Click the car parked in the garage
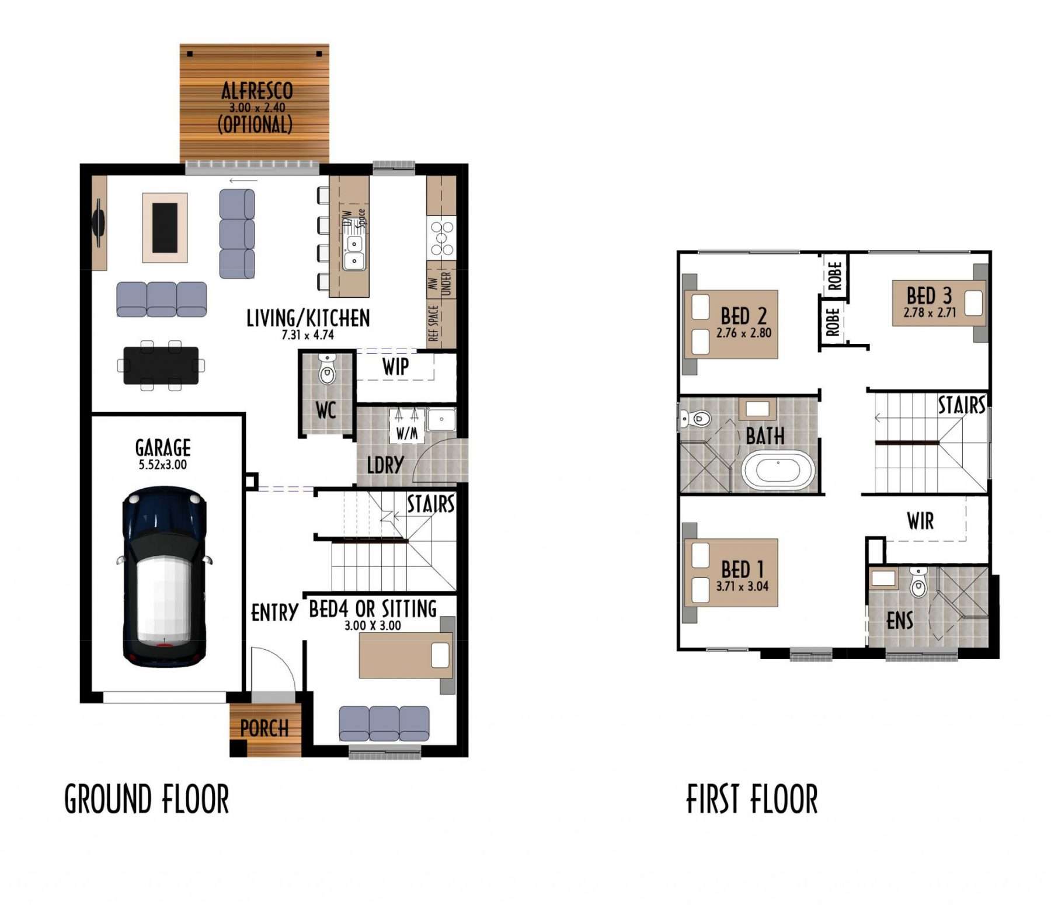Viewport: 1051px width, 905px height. [164, 577]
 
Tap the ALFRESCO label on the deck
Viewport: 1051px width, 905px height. [257, 90]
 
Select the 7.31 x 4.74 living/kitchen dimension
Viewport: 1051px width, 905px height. [308, 335]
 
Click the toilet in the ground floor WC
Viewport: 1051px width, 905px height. [327, 369]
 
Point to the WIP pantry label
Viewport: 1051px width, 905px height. [395, 367]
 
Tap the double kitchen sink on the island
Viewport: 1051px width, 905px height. [354, 252]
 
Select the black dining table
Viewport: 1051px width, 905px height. [161, 366]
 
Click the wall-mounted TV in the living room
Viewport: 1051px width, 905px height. [98, 222]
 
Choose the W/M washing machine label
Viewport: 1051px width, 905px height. [407, 433]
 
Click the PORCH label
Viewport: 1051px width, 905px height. [265, 728]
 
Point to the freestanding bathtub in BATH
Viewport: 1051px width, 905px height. [778, 470]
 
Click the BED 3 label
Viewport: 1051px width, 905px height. [929, 295]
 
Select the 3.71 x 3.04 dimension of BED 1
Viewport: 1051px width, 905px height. [742, 586]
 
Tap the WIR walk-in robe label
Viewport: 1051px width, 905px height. [920, 521]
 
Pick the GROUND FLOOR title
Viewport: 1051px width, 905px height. [147, 799]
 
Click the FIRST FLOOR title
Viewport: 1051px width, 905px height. [752, 799]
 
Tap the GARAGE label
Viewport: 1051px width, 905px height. [163, 448]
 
